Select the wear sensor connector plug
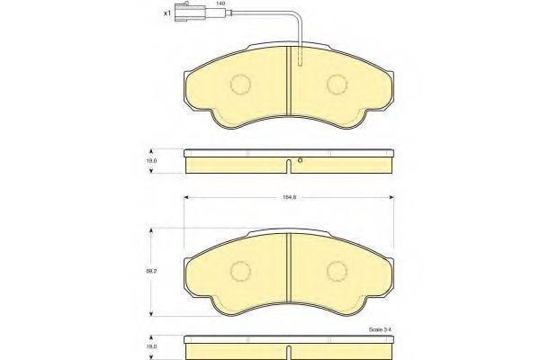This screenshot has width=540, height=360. pyautogui.click(x=192, y=13)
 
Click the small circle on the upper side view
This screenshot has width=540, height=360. pyautogui.click(x=301, y=162)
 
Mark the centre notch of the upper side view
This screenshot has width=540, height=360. pyautogui.click(x=287, y=165)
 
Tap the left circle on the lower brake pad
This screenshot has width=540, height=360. pyautogui.click(x=241, y=270)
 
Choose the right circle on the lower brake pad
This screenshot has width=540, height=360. pyautogui.click(x=337, y=270)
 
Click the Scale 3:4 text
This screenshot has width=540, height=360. pyautogui.click(x=381, y=329)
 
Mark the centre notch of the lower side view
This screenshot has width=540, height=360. pyautogui.click(x=287, y=349)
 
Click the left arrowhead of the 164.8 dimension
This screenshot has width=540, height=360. pyautogui.click(x=187, y=197)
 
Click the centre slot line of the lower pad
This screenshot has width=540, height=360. pyautogui.click(x=287, y=270)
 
